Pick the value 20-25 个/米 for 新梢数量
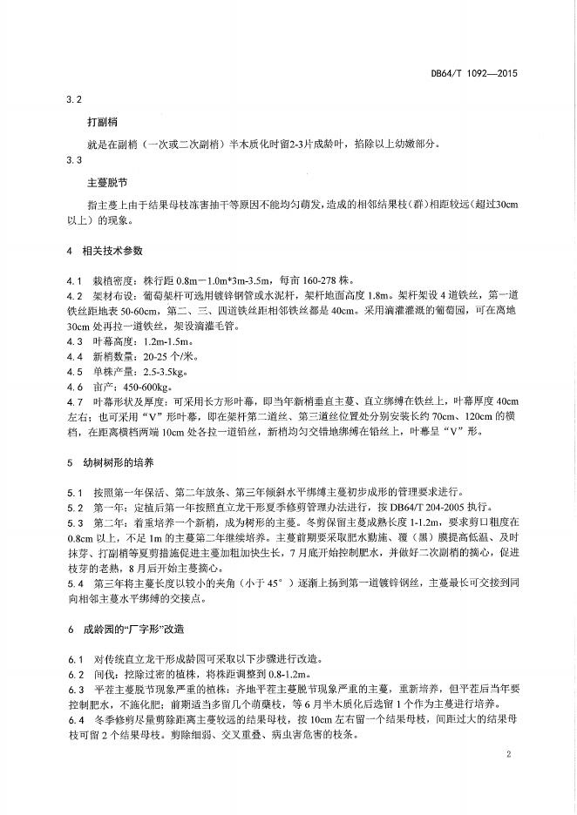(145, 357)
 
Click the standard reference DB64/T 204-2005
(387, 505)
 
